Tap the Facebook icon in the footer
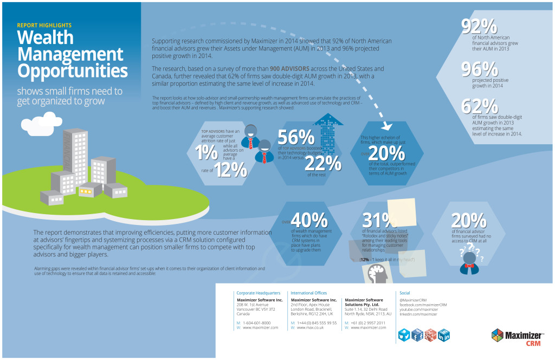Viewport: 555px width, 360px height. pyautogui.click(x=418, y=335)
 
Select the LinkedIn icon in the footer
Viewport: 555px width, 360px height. pyautogui.click(x=444, y=335)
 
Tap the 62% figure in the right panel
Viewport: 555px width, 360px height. pyautogui.click(x=480, y=106)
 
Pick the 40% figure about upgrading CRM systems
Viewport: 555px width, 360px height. pyautogui.click(x=309, y=219)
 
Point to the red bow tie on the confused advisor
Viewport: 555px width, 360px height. pyautogui.click(x=469, y=266)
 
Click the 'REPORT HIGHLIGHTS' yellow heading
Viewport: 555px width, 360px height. pyautogui.click(x=44, y=25)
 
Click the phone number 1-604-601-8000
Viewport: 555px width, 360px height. pyautogui.click(x=257, y=323)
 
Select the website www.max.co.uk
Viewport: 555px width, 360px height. pyautogui.click(x=311, y=327)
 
